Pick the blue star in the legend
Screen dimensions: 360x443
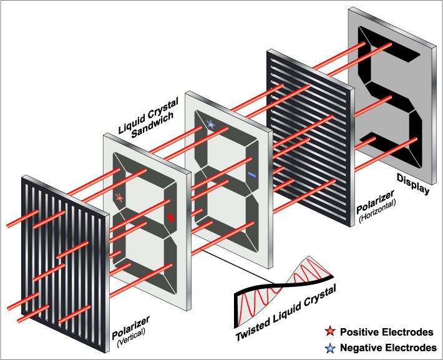[329, 347]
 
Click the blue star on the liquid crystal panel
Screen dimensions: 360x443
[211, 124]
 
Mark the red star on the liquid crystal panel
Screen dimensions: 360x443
[120, 197]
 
